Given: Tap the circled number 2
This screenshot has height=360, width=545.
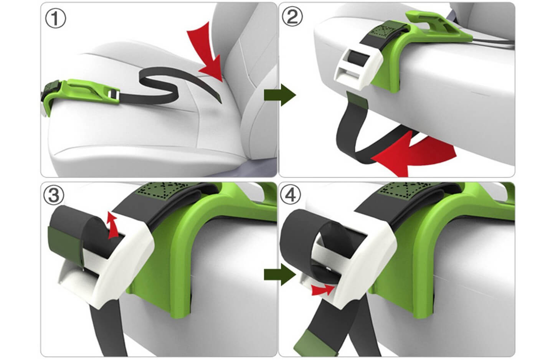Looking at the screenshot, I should [x=292, y=17].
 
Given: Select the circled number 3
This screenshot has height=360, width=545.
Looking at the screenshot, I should [x=53, y=195].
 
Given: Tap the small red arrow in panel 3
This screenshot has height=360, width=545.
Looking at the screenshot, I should [x=113, y=226].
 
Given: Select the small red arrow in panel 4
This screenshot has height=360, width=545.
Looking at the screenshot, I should [x=322, y=290].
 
